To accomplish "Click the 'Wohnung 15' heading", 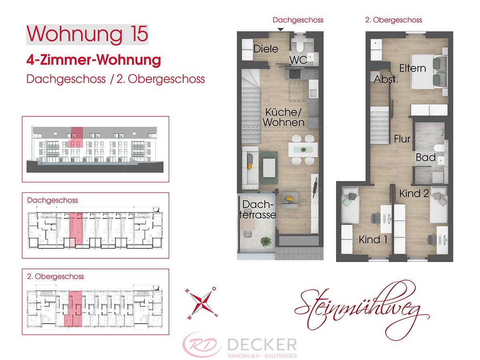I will pyautogui.click(x=87, y=34).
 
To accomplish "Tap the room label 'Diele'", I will pyautogui.click(x=266, y=49).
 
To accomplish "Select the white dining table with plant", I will pyautogui.click(x=303, y=149).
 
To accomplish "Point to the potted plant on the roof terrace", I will pyautogui.click(x=264, y=242).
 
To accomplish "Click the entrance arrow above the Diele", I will pyautogui.click(x=281, y=29).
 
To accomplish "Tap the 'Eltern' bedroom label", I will pyautogui.click(x=412, y=68).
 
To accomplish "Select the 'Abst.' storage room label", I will pyautogui.click(x=386, y=80).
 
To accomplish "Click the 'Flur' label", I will pyautogui.click(x=402, y=139).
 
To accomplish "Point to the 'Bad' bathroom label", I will pyautogui.click(x=426, y=157).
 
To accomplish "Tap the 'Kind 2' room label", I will pyautogui.click(x=414, y=194).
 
